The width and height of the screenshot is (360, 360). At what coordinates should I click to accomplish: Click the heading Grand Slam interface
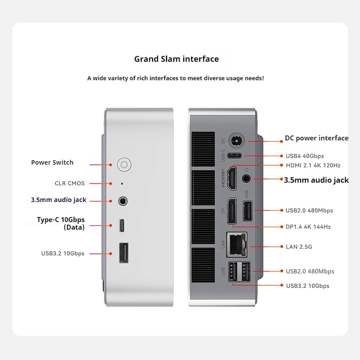point(176,59)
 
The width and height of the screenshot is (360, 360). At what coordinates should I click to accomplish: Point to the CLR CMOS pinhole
point(122,184)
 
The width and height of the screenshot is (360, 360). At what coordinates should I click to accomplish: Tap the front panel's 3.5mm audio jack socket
point(122,201)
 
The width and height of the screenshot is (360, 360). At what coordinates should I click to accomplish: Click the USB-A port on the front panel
point(122,253)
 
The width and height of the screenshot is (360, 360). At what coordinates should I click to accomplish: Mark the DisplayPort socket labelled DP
point(231,211)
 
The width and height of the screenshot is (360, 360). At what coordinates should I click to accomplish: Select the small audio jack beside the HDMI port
point(247,178)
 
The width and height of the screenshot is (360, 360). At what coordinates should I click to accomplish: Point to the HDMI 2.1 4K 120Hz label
point(313,166)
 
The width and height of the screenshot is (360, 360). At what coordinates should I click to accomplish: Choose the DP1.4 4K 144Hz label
point(308,227)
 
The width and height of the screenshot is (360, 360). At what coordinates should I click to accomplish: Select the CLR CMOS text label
point(70,184)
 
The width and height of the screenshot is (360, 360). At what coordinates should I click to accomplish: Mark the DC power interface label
point(317,138)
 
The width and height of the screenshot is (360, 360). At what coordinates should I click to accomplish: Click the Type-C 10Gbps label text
point(61,220)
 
